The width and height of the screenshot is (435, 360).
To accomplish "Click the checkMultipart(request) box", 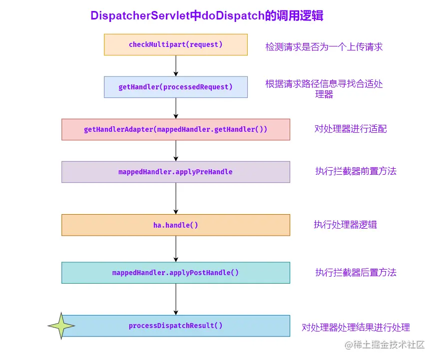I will click(175, 44).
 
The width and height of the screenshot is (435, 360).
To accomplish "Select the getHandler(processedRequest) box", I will click(175, 87).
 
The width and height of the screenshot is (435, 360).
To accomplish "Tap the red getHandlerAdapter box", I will click(175, 129).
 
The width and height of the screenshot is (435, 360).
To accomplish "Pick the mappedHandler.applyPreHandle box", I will click(175, 172).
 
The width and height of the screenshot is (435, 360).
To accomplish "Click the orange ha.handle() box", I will click(175, 225).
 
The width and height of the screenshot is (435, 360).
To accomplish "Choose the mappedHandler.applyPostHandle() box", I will click(175, 273).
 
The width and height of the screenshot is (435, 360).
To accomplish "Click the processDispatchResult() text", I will click(175, 326).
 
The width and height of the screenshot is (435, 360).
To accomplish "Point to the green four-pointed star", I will click(61, 326).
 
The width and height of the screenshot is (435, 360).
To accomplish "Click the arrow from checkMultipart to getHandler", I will click(176, 65).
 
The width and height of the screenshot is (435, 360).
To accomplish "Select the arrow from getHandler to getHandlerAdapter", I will click(176, 108).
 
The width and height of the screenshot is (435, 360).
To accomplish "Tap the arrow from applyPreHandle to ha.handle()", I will click(176, 198).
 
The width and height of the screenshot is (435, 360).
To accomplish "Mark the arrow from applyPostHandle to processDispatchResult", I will click(176, 299).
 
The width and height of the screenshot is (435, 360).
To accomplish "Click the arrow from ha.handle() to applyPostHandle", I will click(176, 249).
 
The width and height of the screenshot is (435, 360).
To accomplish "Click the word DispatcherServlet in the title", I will click(140, 15).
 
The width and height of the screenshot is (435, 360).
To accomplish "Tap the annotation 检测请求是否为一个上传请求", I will click(324, 47).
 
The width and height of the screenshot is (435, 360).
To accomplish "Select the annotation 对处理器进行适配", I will click(350, 129).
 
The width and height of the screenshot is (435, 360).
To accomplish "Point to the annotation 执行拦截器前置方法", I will click(356, 171).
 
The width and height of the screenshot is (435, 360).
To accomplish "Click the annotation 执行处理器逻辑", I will click(345, 225).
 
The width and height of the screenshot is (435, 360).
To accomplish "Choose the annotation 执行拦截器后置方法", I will click(356, 273).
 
